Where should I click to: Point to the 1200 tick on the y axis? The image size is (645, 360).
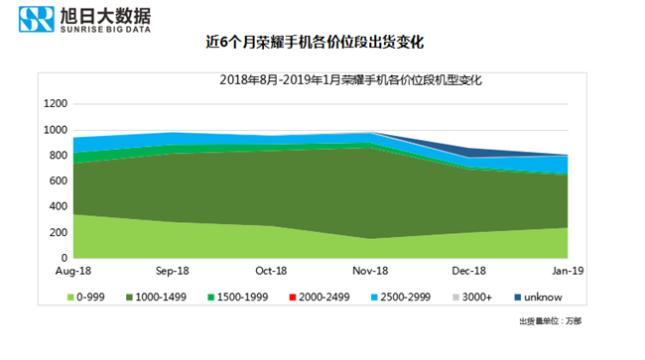pyautogui.click(x=55, y=103)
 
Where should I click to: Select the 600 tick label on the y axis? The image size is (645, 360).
pyautogui.click(x=58, y=180)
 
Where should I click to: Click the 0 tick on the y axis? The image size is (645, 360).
pyautogui.click(x=64, y=258)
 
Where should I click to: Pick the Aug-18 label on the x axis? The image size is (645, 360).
pyautogui.click(x=73, y=271)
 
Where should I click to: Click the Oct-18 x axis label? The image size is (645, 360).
pyautogui.click(x=272, y=271)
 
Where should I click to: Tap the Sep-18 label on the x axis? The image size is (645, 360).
pyautogui.click(x=173, y=271)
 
